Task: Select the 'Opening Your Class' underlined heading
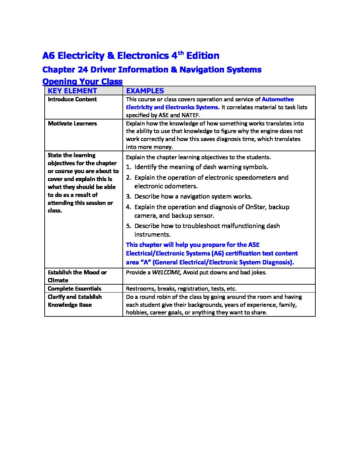point(82,81)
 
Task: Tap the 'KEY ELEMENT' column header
point(72,91)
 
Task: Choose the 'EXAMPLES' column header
point(145,91)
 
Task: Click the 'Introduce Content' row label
point(72,99)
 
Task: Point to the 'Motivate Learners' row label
point(72,123)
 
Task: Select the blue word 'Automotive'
point(278,99)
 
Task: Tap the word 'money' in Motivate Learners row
point(164,147)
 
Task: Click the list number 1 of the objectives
point(128,167)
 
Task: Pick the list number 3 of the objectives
point(128,197)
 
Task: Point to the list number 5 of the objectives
point(128,226)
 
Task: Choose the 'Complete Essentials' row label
point(74,289)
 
